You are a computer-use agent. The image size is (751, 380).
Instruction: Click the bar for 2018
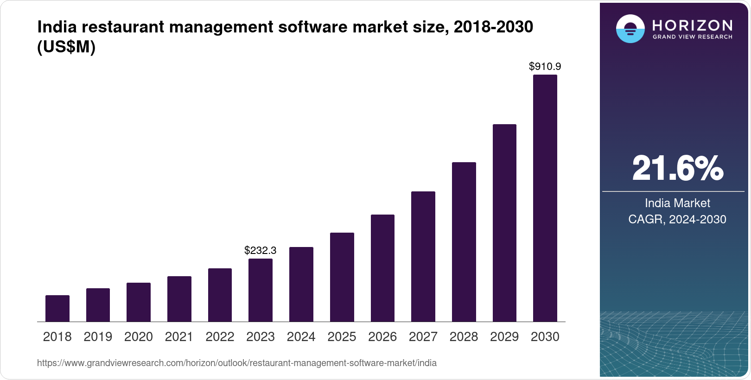coord(57,308)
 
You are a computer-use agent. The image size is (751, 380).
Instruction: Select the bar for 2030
coord(545,198)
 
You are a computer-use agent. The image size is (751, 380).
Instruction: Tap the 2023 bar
coord(261,290)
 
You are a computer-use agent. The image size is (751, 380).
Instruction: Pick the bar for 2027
coord(423,257)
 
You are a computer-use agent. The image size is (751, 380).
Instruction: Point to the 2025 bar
coord(342,277)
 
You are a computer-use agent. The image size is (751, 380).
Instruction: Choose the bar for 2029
coord(504,223)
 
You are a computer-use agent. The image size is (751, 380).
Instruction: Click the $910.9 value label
coord(545,66)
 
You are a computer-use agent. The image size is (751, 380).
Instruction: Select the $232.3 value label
coord(260,250)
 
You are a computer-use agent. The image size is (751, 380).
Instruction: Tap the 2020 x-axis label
coord(139,337)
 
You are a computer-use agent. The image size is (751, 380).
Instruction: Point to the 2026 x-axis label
coord(382,337)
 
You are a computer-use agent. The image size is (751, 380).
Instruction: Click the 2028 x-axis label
coord(464,337)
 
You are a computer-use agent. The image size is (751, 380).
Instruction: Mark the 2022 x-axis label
coord(220,337)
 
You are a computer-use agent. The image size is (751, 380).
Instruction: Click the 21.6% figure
coord(678,168)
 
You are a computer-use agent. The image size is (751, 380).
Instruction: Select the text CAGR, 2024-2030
coord(677,219)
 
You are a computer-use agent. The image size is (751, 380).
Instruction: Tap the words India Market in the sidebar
coord(678,203)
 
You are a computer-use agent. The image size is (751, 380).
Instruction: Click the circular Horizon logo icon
coord(630,28)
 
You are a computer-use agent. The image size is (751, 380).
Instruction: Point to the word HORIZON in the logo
coord(692,25)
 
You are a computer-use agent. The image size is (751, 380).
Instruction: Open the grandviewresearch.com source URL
coord(237,363)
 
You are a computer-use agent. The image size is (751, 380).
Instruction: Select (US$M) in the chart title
coord(66,47)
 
